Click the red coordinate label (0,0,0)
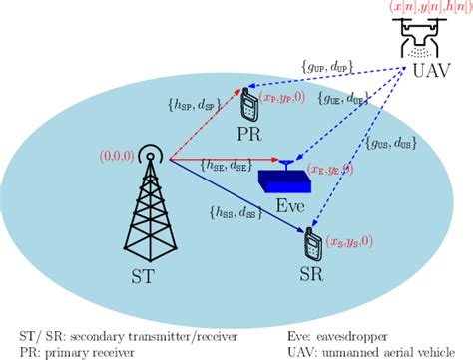[117, 157]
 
